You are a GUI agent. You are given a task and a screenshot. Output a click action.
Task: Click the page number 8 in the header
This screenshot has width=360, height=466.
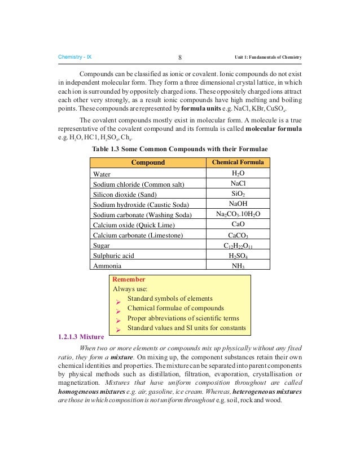179,58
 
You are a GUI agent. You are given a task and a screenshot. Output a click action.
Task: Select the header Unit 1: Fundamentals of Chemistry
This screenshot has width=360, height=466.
268,58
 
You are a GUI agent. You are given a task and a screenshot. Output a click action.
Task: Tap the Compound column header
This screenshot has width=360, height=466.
148,163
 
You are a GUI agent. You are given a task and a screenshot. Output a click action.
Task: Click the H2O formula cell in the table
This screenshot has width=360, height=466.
238,174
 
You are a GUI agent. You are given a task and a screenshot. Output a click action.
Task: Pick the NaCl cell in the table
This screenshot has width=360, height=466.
238,184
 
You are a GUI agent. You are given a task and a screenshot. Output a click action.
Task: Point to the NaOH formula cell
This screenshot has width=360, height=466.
238,204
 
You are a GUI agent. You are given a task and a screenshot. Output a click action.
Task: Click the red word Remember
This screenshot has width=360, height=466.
129,279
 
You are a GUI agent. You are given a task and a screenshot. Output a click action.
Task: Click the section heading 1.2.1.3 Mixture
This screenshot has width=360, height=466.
81,337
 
